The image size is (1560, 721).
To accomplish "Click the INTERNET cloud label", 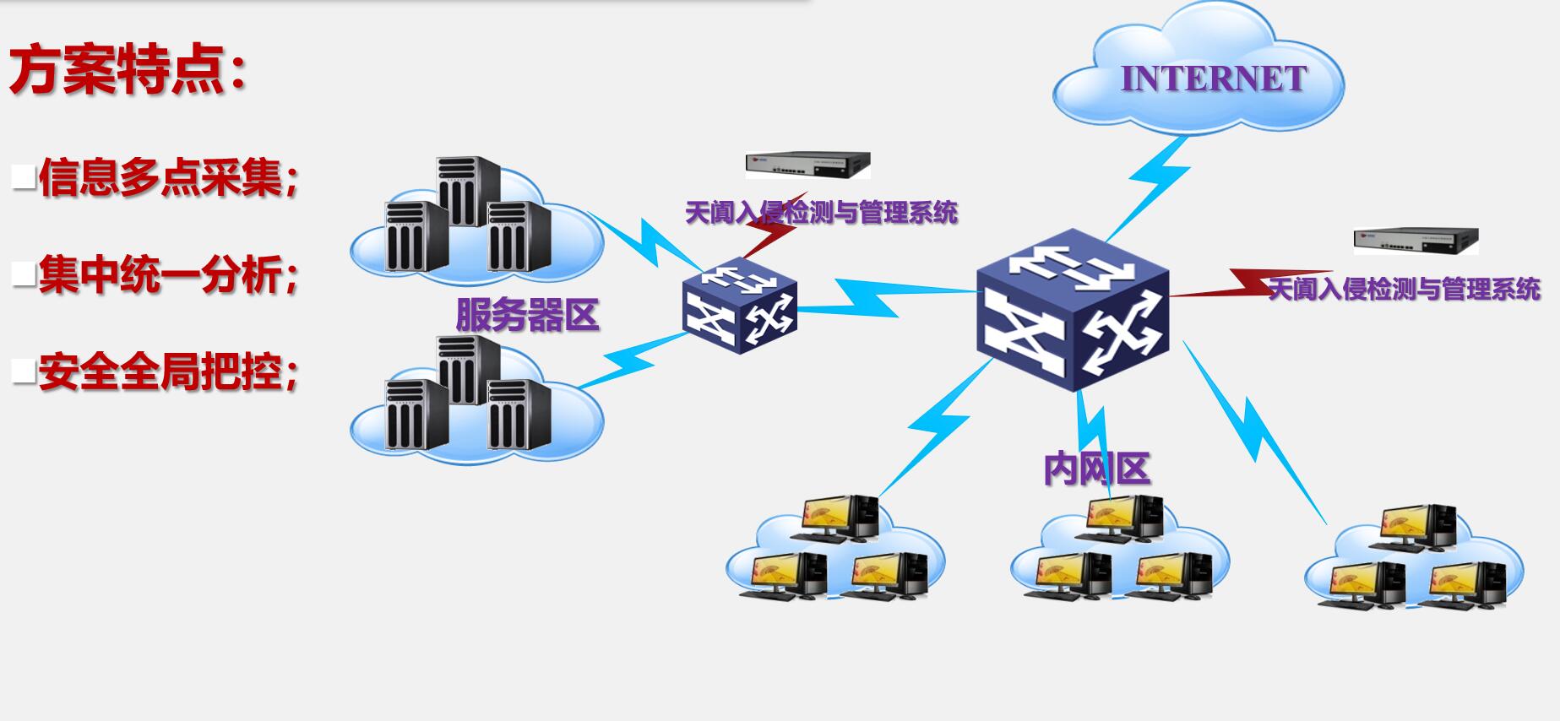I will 1213,79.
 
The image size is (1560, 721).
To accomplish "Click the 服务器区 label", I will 527,315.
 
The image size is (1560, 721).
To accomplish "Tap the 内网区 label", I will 1096,469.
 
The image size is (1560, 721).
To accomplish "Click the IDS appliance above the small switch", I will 807,165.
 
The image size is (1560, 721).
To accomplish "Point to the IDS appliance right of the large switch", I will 1416,241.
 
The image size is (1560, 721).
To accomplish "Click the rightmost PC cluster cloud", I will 1415,561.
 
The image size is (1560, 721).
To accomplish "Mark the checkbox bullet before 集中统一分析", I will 24,274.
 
